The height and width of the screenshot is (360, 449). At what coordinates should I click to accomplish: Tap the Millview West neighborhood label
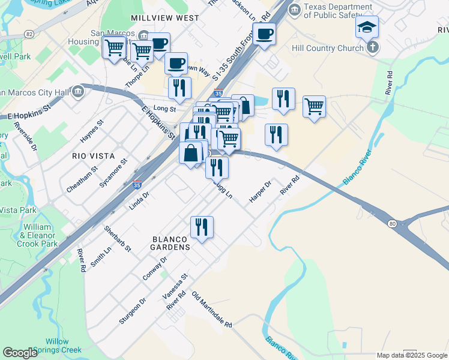(x=164, y=18)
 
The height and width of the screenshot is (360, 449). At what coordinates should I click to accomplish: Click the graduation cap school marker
(x=367, y=26)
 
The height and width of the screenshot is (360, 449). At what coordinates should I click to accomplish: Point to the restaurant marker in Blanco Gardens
(x=202, y=227)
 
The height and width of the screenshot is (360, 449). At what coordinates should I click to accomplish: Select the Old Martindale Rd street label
(x=211, y=310)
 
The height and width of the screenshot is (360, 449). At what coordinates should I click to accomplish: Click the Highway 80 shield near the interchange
(x=392, y=223)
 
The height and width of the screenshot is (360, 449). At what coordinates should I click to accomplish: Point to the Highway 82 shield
(x=29, y=35)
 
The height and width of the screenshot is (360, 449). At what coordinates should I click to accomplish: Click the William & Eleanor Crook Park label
(x=38, y=236)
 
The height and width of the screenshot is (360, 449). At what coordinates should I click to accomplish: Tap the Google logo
(x=20, y=353)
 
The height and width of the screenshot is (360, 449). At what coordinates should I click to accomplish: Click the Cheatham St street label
(x=82, y=179)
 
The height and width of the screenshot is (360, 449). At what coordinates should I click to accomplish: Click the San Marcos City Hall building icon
(x=78, y=92)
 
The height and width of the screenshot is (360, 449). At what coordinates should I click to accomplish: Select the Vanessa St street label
(x=175, y=286)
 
